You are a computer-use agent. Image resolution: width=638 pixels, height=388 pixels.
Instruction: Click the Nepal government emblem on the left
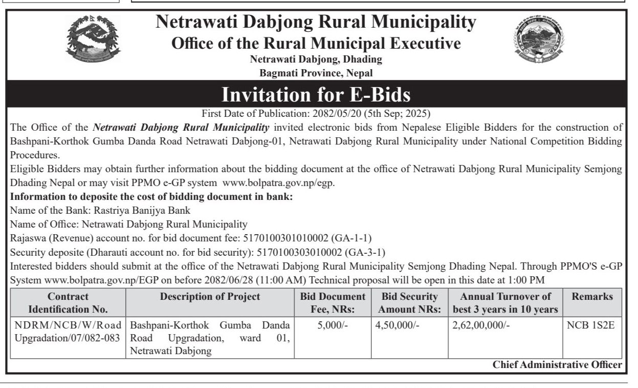[93, 42]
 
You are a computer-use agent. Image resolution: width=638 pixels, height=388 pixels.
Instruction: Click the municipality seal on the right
[539, 42]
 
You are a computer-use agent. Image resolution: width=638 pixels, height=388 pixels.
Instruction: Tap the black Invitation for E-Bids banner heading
[316, 95]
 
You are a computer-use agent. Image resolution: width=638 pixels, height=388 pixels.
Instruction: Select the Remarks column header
[592, 297]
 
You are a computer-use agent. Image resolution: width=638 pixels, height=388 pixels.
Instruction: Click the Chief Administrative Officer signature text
[557, 365]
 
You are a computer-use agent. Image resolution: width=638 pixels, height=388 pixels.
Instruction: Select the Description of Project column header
[210, 297]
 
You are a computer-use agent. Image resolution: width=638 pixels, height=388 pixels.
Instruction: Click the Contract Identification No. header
[68, 303]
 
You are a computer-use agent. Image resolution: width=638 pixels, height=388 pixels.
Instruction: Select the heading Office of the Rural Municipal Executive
[316, 43]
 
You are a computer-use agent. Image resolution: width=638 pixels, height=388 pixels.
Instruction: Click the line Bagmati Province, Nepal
[316, 73]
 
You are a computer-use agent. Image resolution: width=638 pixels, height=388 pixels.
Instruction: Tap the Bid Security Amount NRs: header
[410, 303]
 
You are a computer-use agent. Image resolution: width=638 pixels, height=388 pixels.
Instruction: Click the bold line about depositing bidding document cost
[151, 197]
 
